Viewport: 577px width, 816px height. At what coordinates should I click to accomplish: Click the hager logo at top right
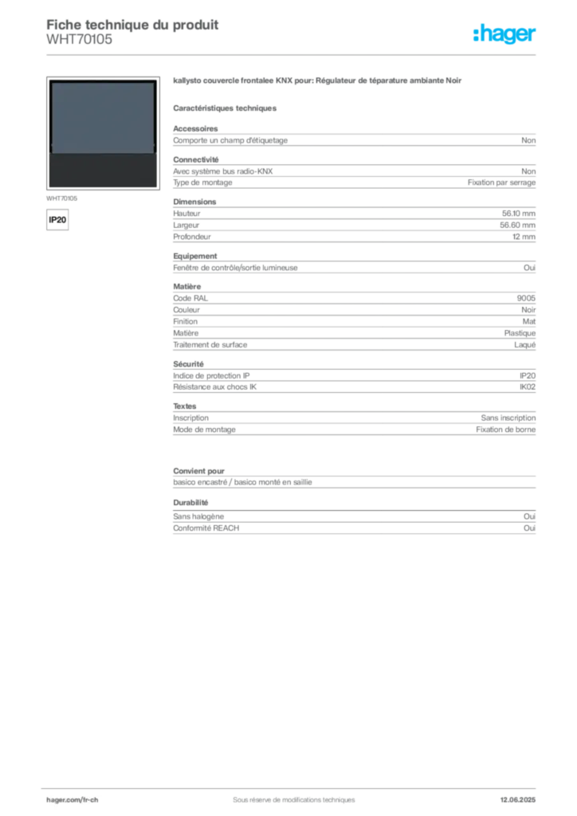point(504,33)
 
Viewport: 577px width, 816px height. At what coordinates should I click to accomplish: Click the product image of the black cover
point(103,133)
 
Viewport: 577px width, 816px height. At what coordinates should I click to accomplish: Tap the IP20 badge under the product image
point(57,220)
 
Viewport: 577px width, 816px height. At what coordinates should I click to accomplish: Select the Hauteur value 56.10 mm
point(518,214)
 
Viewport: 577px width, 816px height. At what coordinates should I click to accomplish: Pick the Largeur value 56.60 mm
point(518,226)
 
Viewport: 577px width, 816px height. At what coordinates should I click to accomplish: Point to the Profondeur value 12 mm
point(524,237)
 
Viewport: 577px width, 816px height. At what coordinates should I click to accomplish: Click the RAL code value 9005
point(526,298)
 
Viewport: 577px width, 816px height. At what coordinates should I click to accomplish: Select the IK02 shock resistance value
point(528,387)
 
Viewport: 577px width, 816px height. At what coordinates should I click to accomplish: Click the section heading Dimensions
point(194,202)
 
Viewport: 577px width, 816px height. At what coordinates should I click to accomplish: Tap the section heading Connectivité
point(195,159)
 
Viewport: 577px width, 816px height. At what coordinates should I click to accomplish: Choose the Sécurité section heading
point(188,363)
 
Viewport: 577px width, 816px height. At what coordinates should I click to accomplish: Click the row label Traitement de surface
point(210,344)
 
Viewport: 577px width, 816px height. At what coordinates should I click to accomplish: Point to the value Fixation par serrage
point(501,182)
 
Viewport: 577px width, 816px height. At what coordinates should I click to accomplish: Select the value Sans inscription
point(508,418)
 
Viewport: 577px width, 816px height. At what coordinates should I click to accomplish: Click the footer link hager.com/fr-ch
point(73,800)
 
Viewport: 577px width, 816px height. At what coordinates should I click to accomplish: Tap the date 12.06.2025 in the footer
point(518,800)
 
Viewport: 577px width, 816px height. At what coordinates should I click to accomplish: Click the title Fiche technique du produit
point(132,25)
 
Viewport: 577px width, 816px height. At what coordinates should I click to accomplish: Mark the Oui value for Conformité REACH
point(530,528)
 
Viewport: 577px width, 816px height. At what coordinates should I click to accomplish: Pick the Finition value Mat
point(529,322)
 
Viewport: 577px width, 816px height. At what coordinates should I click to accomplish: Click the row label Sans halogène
point(198,516)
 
